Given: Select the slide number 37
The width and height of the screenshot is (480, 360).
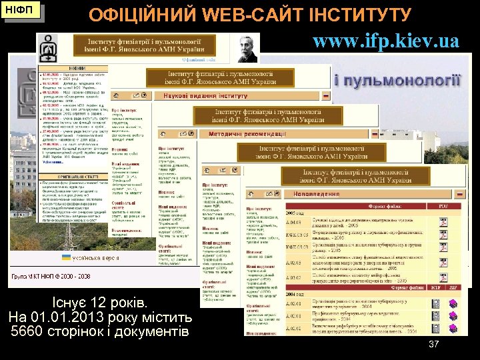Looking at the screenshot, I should click(433, 344).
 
